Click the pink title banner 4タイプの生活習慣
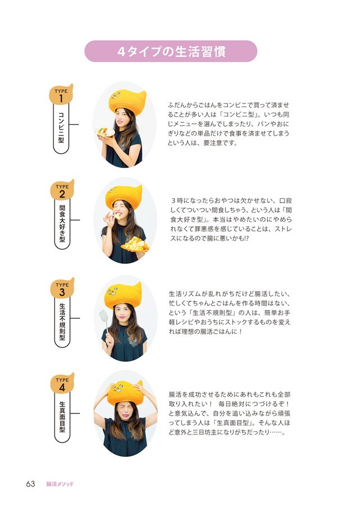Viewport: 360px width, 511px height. click(170, 51)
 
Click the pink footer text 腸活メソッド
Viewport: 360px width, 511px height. click(60, 485)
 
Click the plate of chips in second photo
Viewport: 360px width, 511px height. click(136, 245)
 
